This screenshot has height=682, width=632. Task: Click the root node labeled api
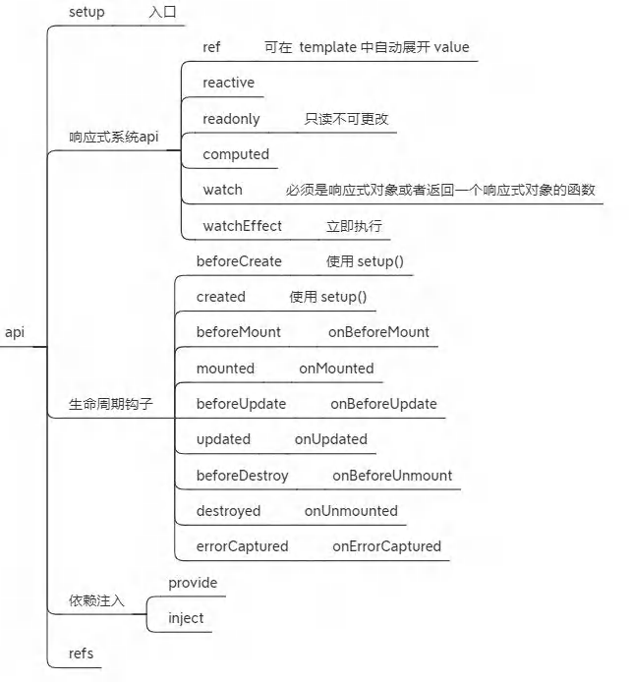(15, 333)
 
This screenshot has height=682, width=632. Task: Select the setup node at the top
(86, 12)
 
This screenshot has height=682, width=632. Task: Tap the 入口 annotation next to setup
(162, 12)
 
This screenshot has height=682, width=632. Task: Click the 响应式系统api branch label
(114, 137)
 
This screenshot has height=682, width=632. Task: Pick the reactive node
(228, 83)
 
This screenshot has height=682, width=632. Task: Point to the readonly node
(231, 119)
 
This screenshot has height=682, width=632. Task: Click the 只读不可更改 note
(346, 119)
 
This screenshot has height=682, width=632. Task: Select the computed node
(236, 154)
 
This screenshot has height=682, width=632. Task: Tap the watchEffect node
(242, 226)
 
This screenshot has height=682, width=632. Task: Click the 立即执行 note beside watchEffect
(354, 226)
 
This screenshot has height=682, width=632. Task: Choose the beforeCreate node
(239, 261)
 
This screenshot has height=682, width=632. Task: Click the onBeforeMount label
(378, 332)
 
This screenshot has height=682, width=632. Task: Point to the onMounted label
(336, 369)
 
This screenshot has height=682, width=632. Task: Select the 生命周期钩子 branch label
(110, 404)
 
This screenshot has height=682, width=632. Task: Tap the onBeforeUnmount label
(392, 476)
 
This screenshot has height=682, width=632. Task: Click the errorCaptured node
(242, 546)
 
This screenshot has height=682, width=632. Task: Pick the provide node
(193, 583)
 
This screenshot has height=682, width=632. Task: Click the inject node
(186, 618)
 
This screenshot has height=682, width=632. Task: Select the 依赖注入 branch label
(96, 600)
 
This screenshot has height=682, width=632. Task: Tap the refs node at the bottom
(81, 654)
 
